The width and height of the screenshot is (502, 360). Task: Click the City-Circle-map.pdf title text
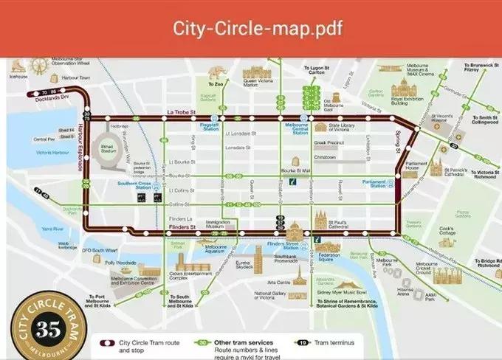[251, 29]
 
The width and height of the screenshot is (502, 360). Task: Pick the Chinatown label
[325, 157]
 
